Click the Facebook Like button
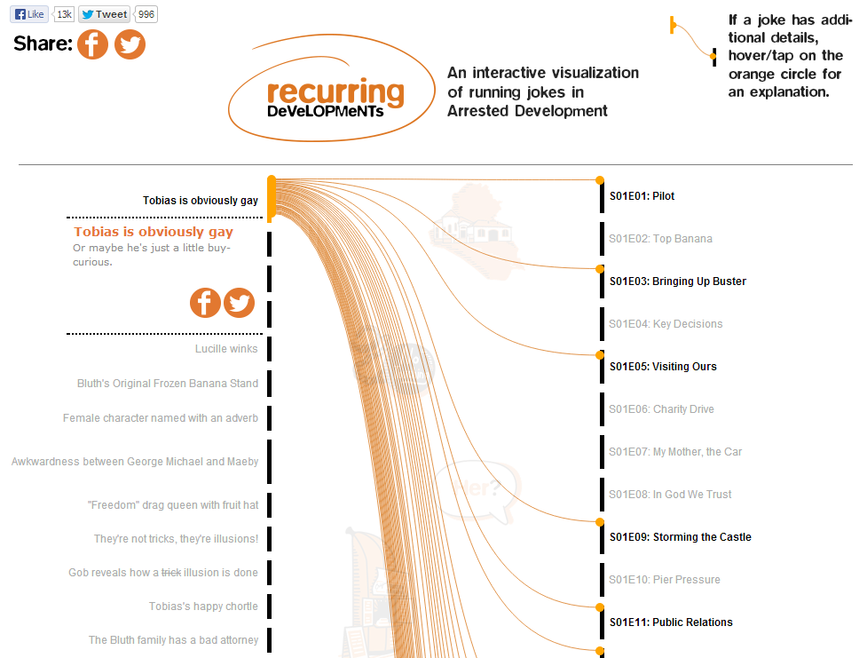click(30, 14)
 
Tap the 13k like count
click(64, 14)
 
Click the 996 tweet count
click(147, 14)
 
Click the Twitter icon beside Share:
click(130, 44)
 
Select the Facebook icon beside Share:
click(92, 44)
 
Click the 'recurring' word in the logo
click(335, 92)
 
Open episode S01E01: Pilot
click(642, 196)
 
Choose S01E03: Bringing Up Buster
click(677, 281)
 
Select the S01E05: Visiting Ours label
click(662, 367)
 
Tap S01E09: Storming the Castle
click(680, 537)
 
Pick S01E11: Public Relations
click(670, 622)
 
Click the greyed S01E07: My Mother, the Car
click(674, 452)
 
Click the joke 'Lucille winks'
click(226, 349)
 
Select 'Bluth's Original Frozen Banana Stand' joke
click(168, 384)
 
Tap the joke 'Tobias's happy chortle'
click(203, 606)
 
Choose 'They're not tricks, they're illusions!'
click(176, 539)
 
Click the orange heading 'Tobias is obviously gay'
click(154, 232)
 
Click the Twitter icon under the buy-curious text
click(239, 303)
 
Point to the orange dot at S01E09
click(600, 522)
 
